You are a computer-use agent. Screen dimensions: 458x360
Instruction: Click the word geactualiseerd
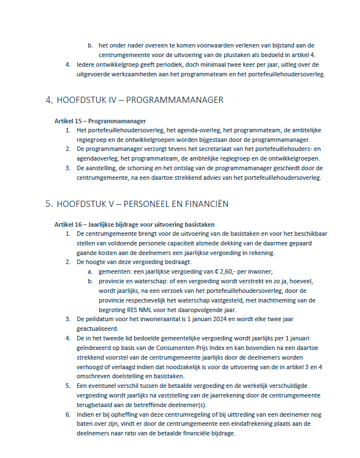(98, 328)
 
